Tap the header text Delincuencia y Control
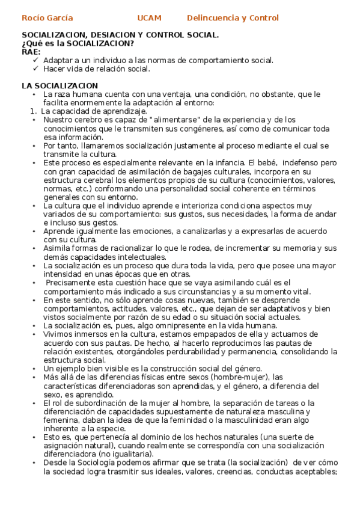233,18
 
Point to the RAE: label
32,52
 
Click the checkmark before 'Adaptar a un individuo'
36,60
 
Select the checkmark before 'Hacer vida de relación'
36,69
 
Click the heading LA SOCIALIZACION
59,86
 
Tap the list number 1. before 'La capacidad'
34,111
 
